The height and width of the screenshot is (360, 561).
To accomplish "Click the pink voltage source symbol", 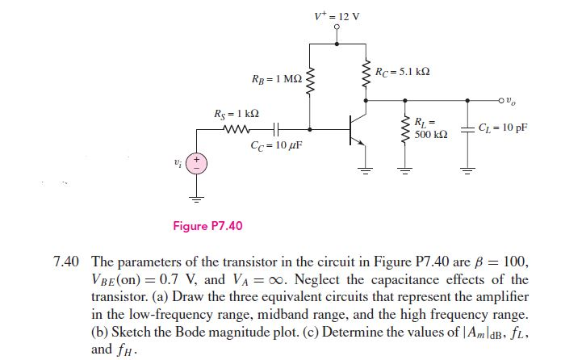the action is (196, 164).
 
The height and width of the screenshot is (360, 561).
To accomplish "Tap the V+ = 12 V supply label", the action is (337, 16).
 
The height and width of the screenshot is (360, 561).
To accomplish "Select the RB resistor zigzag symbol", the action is (310, 81).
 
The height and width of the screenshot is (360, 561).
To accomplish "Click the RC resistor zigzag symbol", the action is (366, 73).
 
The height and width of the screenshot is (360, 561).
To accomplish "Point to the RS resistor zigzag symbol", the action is (237, 129).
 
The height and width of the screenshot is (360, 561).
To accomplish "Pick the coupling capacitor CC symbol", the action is (276, 129).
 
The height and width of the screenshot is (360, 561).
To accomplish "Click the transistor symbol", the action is (358, 129).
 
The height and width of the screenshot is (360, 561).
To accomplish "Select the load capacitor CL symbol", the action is (467, 129).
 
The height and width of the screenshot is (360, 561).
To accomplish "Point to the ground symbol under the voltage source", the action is (196, 199).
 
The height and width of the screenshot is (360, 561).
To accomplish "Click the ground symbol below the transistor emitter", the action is (366, 170).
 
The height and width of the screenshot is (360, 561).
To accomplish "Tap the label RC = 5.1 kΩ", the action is (402, 72).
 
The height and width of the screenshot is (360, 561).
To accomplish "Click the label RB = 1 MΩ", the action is (277, 79).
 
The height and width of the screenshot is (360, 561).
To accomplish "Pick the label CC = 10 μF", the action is (276, 145).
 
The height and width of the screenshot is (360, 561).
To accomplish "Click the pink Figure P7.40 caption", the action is (207, 226).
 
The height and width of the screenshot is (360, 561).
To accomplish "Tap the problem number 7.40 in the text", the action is (66, 262).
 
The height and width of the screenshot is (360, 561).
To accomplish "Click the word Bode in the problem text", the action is (190, 332).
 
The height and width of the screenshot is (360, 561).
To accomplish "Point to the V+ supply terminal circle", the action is (337, 27).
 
